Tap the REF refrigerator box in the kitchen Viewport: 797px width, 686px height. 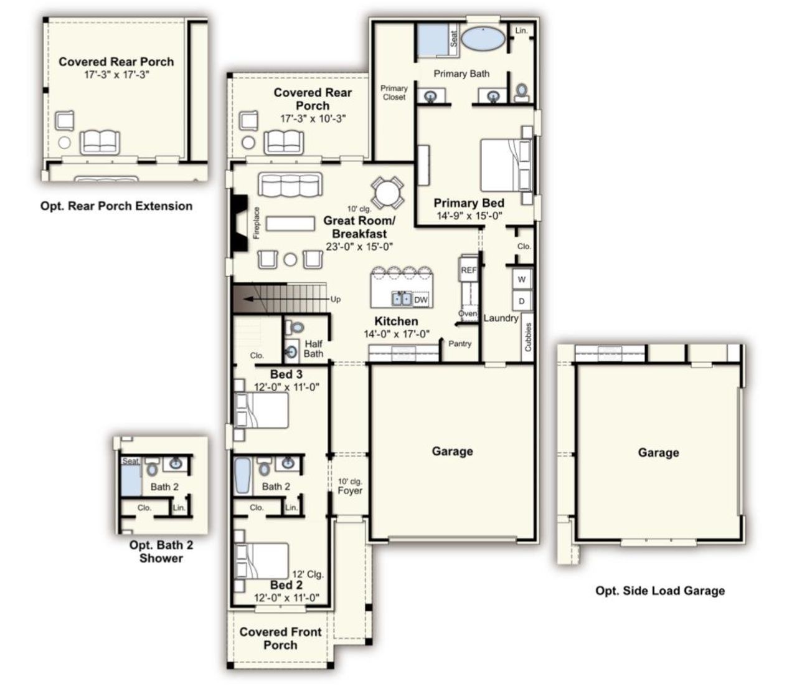click(x=468, y=270)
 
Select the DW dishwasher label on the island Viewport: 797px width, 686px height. click(x=421, y=300)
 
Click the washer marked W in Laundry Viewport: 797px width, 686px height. click(x=521, y=279)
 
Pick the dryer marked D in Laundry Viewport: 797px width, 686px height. click(x=521, y=301)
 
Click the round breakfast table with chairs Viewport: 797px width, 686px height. click(x=387, y=191)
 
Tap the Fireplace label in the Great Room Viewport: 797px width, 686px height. click(x=256, y=222)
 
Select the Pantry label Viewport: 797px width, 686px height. click(x=460, y=343)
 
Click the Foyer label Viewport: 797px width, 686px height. click(x=350, y=490)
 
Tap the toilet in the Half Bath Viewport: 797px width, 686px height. click(x=297, y=327)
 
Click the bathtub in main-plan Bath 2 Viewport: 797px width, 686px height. click(x=242, y=476)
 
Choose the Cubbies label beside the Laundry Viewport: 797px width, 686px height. click(x=528, y=337)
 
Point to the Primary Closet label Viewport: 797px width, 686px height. click(x=394, y=93)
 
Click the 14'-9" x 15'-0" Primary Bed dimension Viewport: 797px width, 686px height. click(x=469, y=216)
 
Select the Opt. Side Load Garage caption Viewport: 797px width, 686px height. click(x=659, y=591)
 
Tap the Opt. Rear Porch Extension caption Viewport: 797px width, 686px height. click(x=116, y=206)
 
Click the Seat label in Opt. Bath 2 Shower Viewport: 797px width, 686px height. click(x=131, y=461)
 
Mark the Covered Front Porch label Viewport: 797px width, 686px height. click(x=280, y=638)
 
